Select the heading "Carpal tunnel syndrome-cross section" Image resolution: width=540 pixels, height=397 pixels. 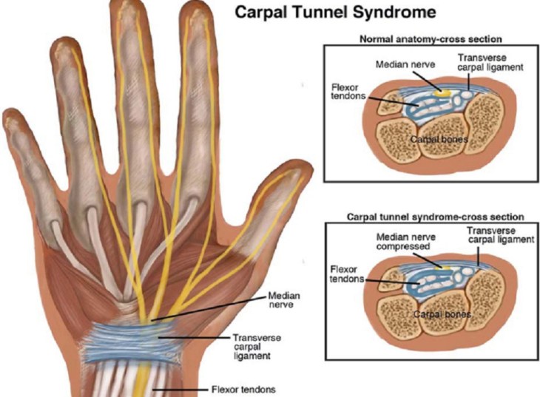[x=435, y=217]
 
